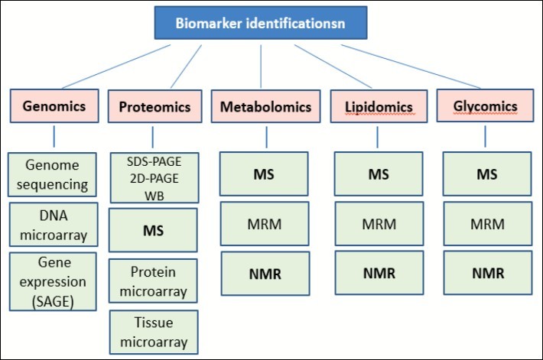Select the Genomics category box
tap(54, 106)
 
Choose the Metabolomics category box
tap(265, 106)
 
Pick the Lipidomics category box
tap(377, 107)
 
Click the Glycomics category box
tap(485, 106)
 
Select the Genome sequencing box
tap(54, 174)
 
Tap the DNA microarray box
tap(54, 224)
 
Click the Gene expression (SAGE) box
tap(54, 281)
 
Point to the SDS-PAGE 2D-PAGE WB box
tap(154, 177)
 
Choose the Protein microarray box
tap(154, 281)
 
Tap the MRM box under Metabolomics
tap(265, 223)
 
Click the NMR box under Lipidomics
tap(378, 272)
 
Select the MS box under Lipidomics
tap(378, 174)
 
